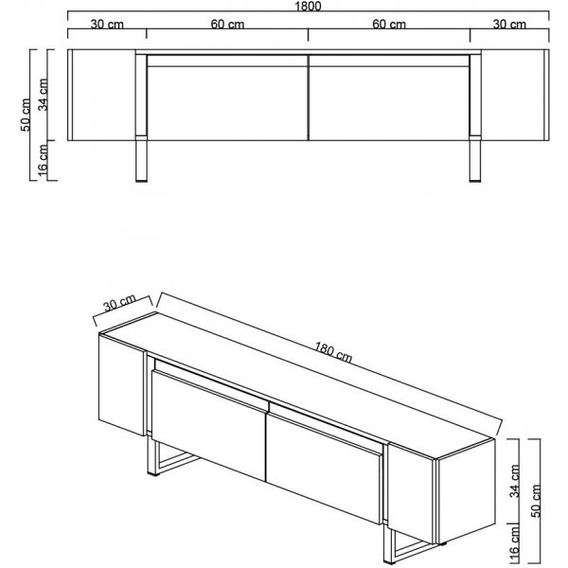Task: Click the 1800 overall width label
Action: click(x=308, y=7)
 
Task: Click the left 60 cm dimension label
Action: click(x=227, y=25)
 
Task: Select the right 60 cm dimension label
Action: click(x=389, y=25)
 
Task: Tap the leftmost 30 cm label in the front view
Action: click(x=107, y=25)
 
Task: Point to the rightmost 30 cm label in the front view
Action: click(x=509, y=25)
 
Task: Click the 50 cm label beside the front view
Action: click(x=27, y=115)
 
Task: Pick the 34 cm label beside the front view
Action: click(x=43, y=94)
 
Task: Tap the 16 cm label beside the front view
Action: click(x=43, y=161)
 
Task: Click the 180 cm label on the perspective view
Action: click(x=332, y=352)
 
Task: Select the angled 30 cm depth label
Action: click(x=119, y=303)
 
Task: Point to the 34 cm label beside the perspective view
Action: click(x=515, y=481)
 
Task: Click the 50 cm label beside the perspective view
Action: click(x=536, y=501)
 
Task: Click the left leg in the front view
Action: click(x=141, y=161)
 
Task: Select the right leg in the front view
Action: click(x=475, y=161)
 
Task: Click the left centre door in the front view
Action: click(x=227, y=103)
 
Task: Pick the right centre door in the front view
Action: click(x=389, y=103)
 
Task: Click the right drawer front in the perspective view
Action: click(x=324, y=469)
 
